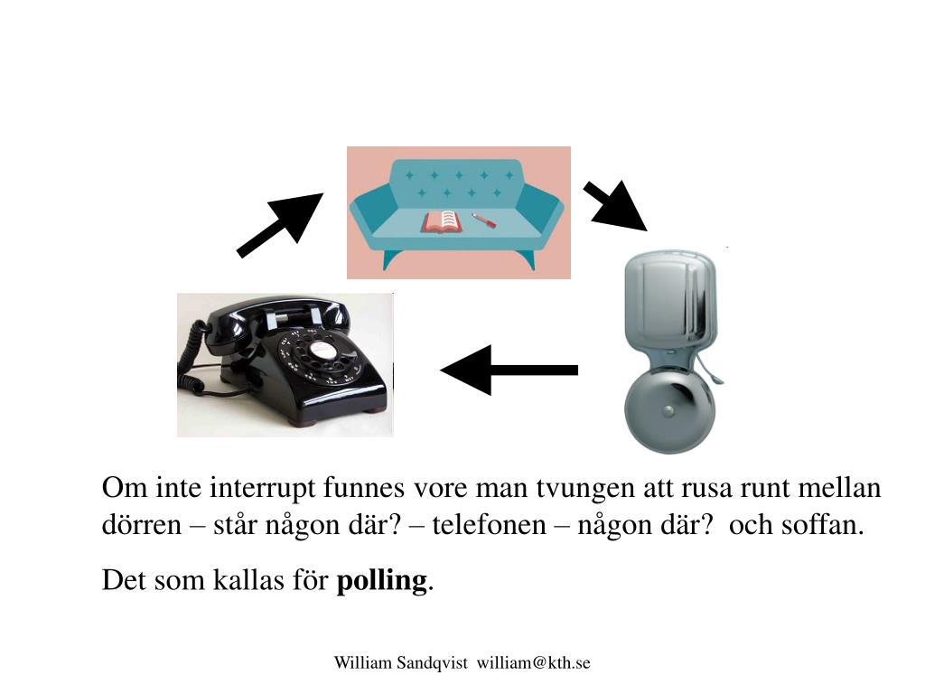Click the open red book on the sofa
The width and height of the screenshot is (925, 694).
click(442, 222)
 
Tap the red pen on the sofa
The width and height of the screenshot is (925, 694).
click(484, 220)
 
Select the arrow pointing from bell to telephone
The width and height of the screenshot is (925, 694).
click(509, 370)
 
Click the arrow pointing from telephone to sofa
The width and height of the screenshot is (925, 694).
click(280, 225)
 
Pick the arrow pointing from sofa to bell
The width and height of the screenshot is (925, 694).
click(615, 206)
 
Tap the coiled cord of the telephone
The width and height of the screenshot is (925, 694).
click(192, 361)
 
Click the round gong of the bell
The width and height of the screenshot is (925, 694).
click(669, 411)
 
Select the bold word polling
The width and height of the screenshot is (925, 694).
click(382, 581)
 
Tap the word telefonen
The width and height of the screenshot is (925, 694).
click(489, 525)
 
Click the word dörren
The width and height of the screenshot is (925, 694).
click(142, 525)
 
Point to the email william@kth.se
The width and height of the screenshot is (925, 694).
click(533, 662)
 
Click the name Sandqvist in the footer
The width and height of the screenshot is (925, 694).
click(432, 662)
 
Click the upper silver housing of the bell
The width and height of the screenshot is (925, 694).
click(670, 301)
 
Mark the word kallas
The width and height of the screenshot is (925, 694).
click(248, 580)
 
